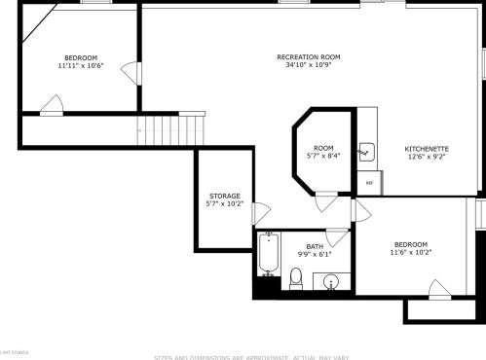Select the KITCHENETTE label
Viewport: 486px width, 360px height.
click(x=427, y=149)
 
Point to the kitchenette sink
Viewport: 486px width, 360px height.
click(x=366, y=151)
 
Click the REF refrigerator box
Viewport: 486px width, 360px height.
click(x=369, y=182)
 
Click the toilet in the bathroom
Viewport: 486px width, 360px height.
click(x=295, y=280)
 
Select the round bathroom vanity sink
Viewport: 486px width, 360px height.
click(x=331, y=283)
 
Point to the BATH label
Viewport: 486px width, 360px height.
click(x=315, y=246)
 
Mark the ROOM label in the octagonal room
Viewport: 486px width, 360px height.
click(x=323, y=148)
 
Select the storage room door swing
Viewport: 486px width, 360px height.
click(x=261, y=213)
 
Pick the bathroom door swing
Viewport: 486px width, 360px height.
click(x=337, y=236)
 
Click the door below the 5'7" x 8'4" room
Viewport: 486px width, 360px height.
click(x=326, y=202)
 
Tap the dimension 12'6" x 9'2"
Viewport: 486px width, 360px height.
click(x=427, y=158)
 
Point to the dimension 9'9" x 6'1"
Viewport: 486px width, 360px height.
click(x=315, y=254)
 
